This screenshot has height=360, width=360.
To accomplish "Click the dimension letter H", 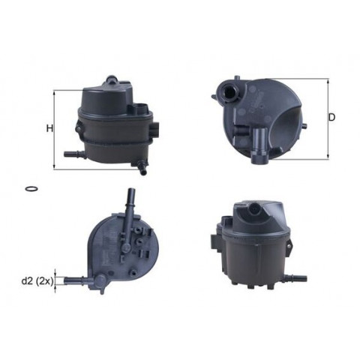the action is click(50, 129).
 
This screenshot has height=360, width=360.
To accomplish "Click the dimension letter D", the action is click(331, 117).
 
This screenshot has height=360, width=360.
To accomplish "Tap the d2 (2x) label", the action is click(37, 282).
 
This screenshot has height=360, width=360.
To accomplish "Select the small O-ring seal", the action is click(31, 189).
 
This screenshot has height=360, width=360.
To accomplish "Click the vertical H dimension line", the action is click(54, 130).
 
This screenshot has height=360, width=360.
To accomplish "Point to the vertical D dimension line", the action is click(328, 119).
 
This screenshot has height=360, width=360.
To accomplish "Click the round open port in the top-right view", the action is click(229, 92).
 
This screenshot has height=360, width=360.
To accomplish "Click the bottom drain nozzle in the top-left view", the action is click(141, 168).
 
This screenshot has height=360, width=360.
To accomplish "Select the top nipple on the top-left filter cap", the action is click(111, 79).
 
